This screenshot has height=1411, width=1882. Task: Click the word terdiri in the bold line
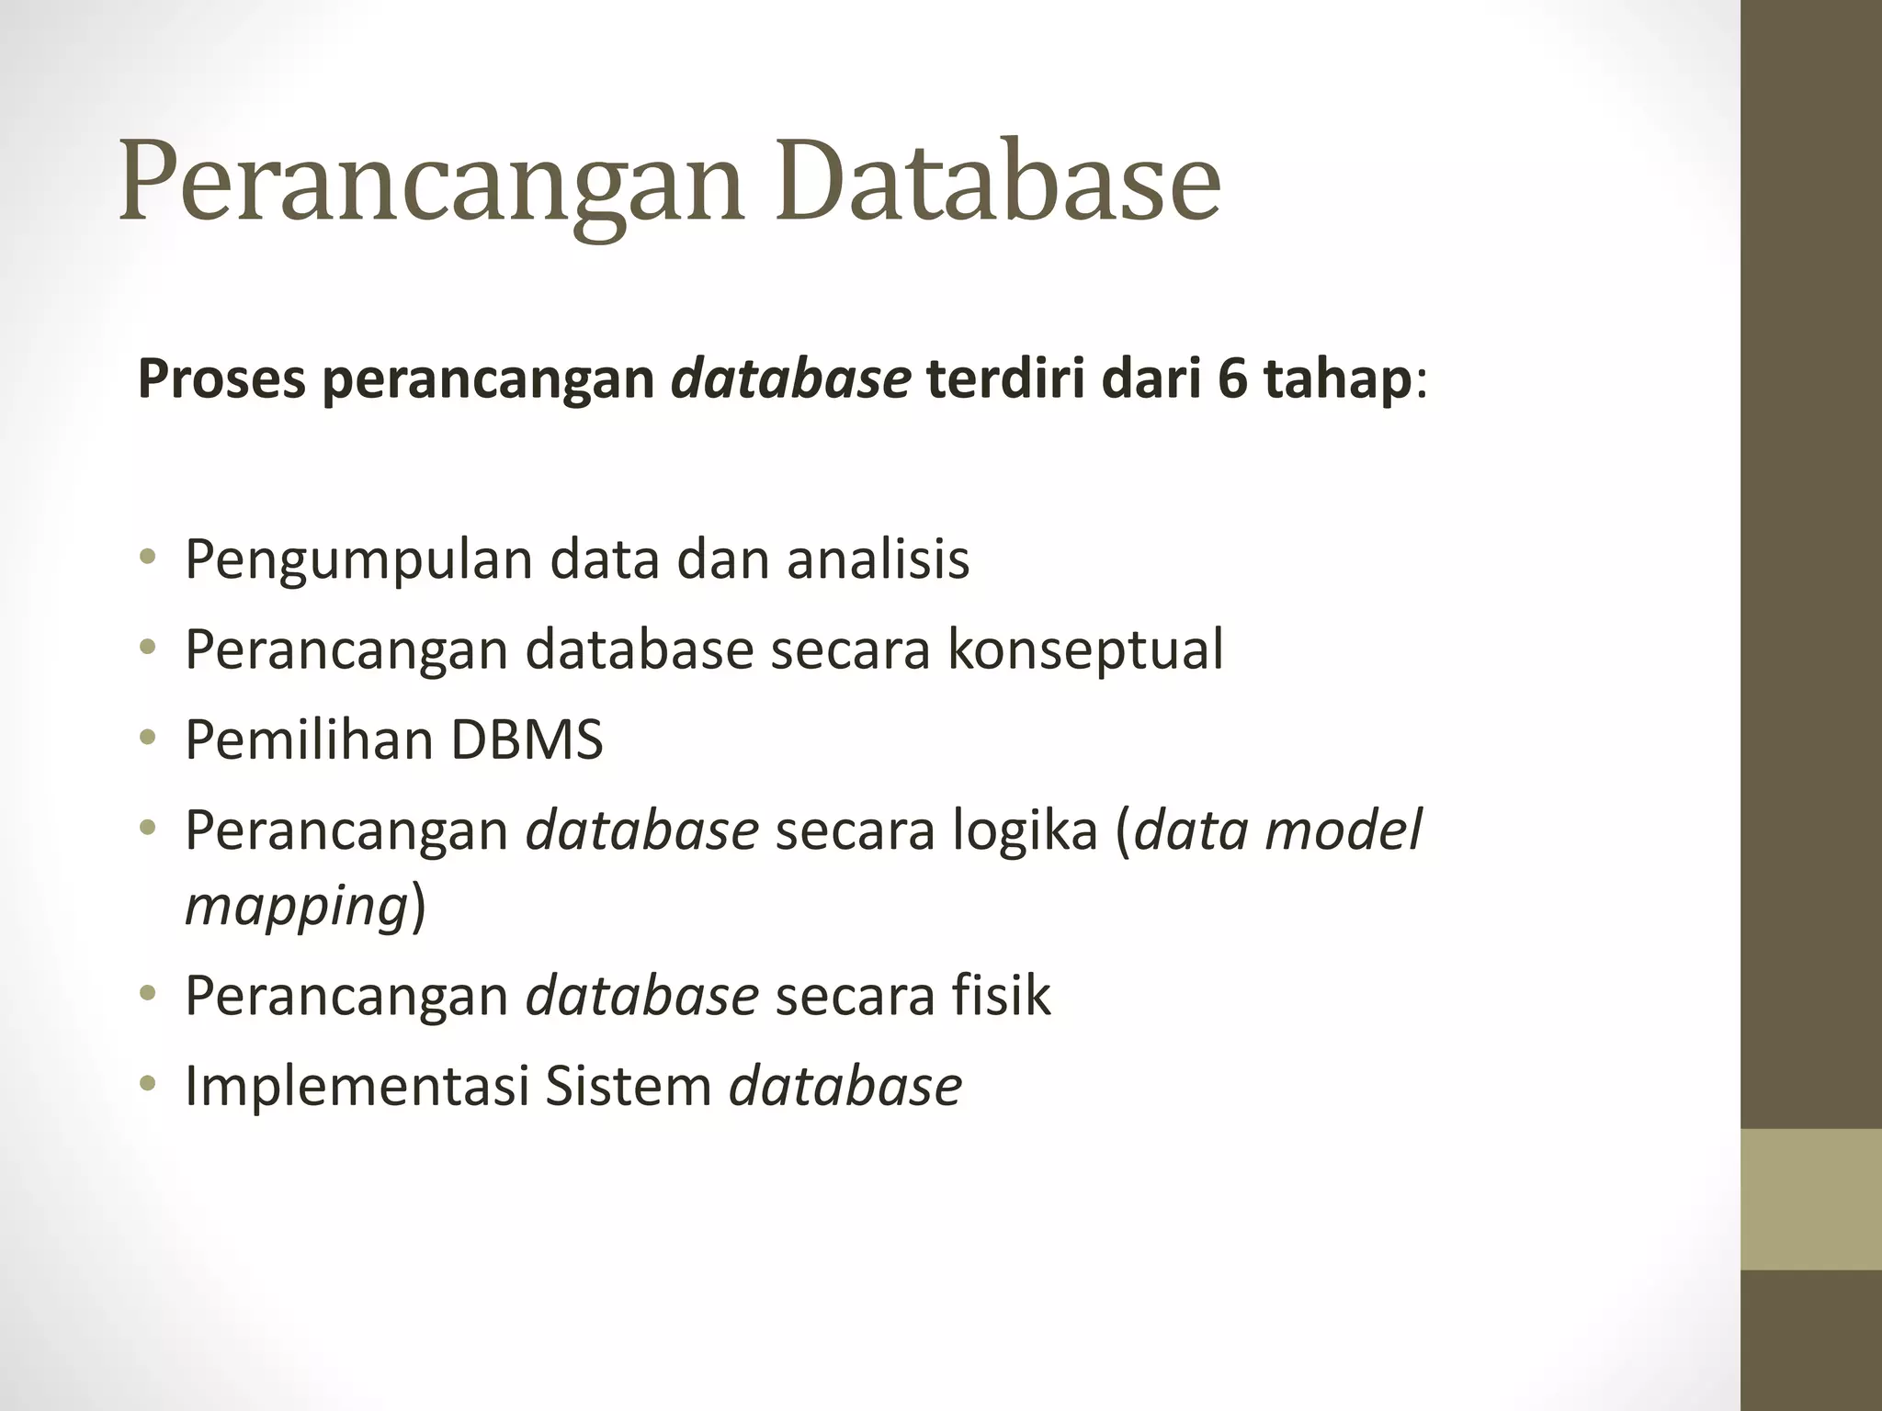pos(1005,378)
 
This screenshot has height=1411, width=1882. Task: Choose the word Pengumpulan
pos(357,560)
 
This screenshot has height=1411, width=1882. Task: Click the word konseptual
pos(1085,650)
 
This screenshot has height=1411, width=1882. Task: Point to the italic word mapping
pos(296,906)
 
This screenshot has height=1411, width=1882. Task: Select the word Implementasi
pos(356,1086)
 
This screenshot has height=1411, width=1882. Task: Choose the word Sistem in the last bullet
pos(629,1086)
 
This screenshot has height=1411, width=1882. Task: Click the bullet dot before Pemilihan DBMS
pos(148,739)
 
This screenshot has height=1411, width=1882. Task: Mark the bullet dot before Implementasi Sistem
pos(148,1085)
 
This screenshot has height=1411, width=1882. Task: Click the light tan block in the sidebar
pos(1810,1199)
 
